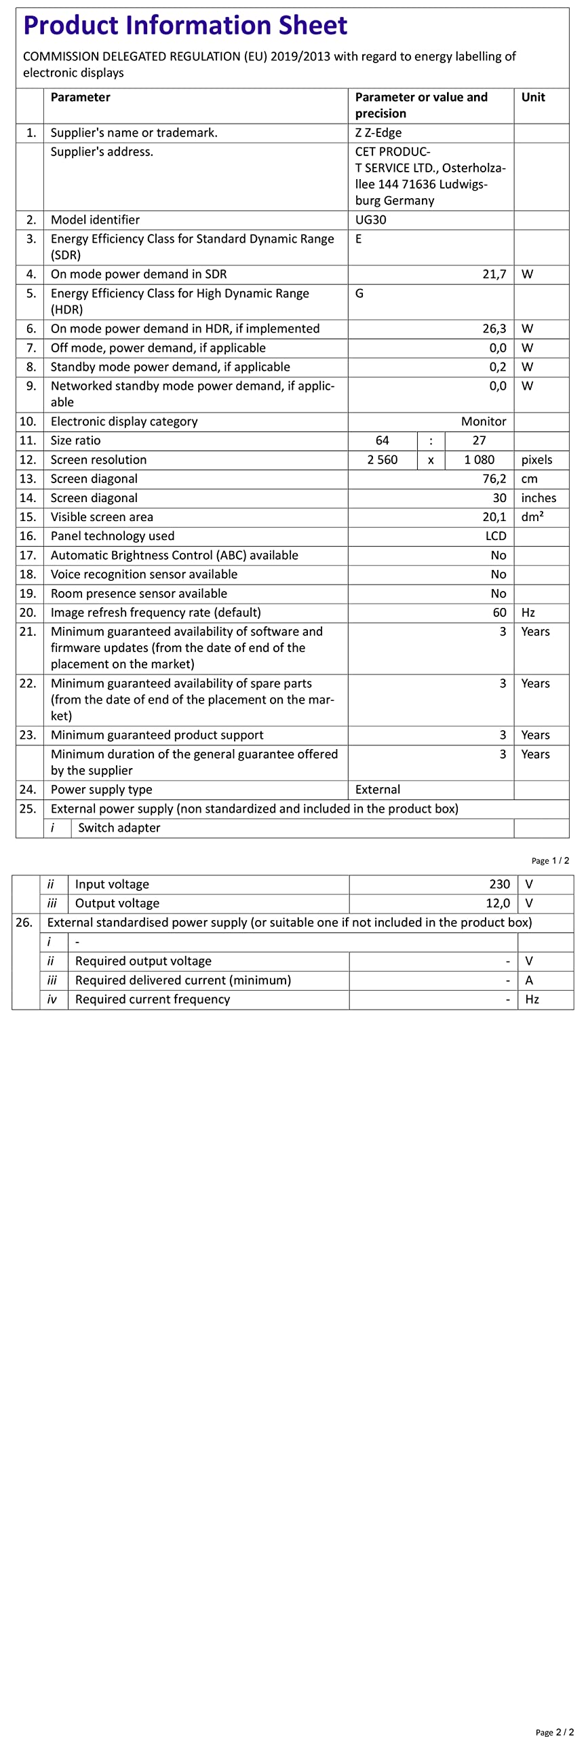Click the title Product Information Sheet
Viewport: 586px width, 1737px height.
click(x=185, y=26)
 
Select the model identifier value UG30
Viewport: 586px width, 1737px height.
click(x=370, y=220)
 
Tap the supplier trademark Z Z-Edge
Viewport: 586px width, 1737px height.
click(x=378, y=133)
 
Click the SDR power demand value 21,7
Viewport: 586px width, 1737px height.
click(x=494, y=274)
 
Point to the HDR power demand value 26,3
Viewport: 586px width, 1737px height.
click(x=494, y=328)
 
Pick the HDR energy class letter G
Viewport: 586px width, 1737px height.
click(x=359, y=293)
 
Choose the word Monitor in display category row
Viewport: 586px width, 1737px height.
click(x=483, y=421)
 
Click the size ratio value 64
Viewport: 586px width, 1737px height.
click(x=383, y=440)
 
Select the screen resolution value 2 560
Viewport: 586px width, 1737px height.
click(x=383, y=459)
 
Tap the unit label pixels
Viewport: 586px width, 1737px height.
click(x=536, y=459)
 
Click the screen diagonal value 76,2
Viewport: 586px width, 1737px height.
click(x=494, y=478)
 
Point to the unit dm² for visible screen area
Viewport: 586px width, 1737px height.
click(x=532, y=516)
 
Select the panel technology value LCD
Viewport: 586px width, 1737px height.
click(x=495, y=536)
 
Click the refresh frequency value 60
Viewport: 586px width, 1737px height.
click(x=499, y=612)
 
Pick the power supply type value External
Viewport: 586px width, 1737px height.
click(x=377, y=789)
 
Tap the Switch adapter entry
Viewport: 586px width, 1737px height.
click(x=119, y=828)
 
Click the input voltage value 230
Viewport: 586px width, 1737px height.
click(x=499, y=884)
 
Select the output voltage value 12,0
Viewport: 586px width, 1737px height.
click(x=497, y=903)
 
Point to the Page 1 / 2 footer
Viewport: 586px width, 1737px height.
click(x=550, y=860)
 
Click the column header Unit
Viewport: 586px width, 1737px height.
click(x=533, y=97)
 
